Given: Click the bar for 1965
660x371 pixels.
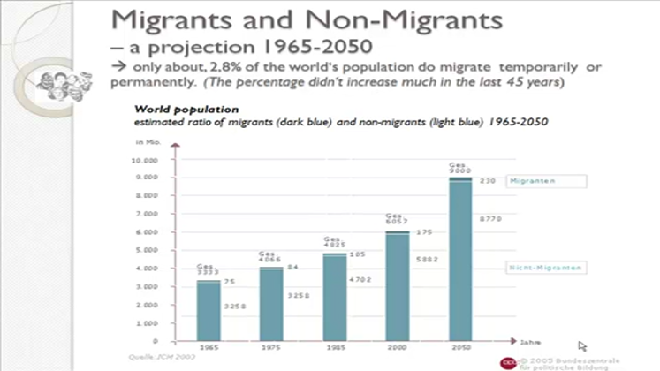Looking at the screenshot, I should pos(209,310).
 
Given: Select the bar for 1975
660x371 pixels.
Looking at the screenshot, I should pos(271,304).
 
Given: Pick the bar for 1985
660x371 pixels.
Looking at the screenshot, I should pos(334,297).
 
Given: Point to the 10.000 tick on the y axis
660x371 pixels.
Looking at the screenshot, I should pos(145,161).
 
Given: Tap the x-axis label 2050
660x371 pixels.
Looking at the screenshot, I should pos(459,347).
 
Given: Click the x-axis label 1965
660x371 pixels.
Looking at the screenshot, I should pos(209,347).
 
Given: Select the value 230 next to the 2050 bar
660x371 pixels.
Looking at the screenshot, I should pos(487,181).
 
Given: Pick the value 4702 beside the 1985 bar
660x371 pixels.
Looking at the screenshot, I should pos(362,279).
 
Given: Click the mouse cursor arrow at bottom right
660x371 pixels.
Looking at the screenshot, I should pos(582,346).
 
